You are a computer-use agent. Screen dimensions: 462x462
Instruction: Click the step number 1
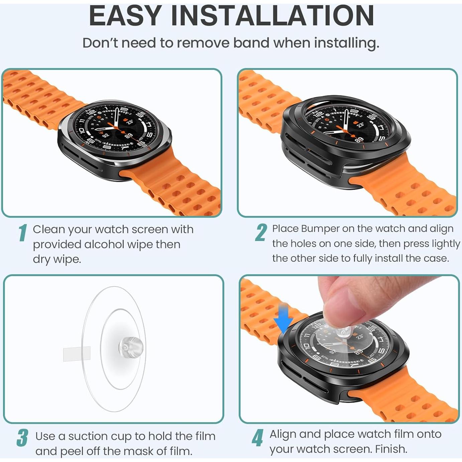[22, 233]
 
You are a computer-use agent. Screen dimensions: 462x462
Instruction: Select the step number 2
[261, 233]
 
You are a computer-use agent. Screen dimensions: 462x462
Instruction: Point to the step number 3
[22, 438]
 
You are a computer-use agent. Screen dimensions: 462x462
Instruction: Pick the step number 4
[257, 438]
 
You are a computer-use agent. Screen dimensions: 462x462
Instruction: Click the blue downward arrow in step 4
[282, 318]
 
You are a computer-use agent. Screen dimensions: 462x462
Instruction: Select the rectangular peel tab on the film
[77, 354]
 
